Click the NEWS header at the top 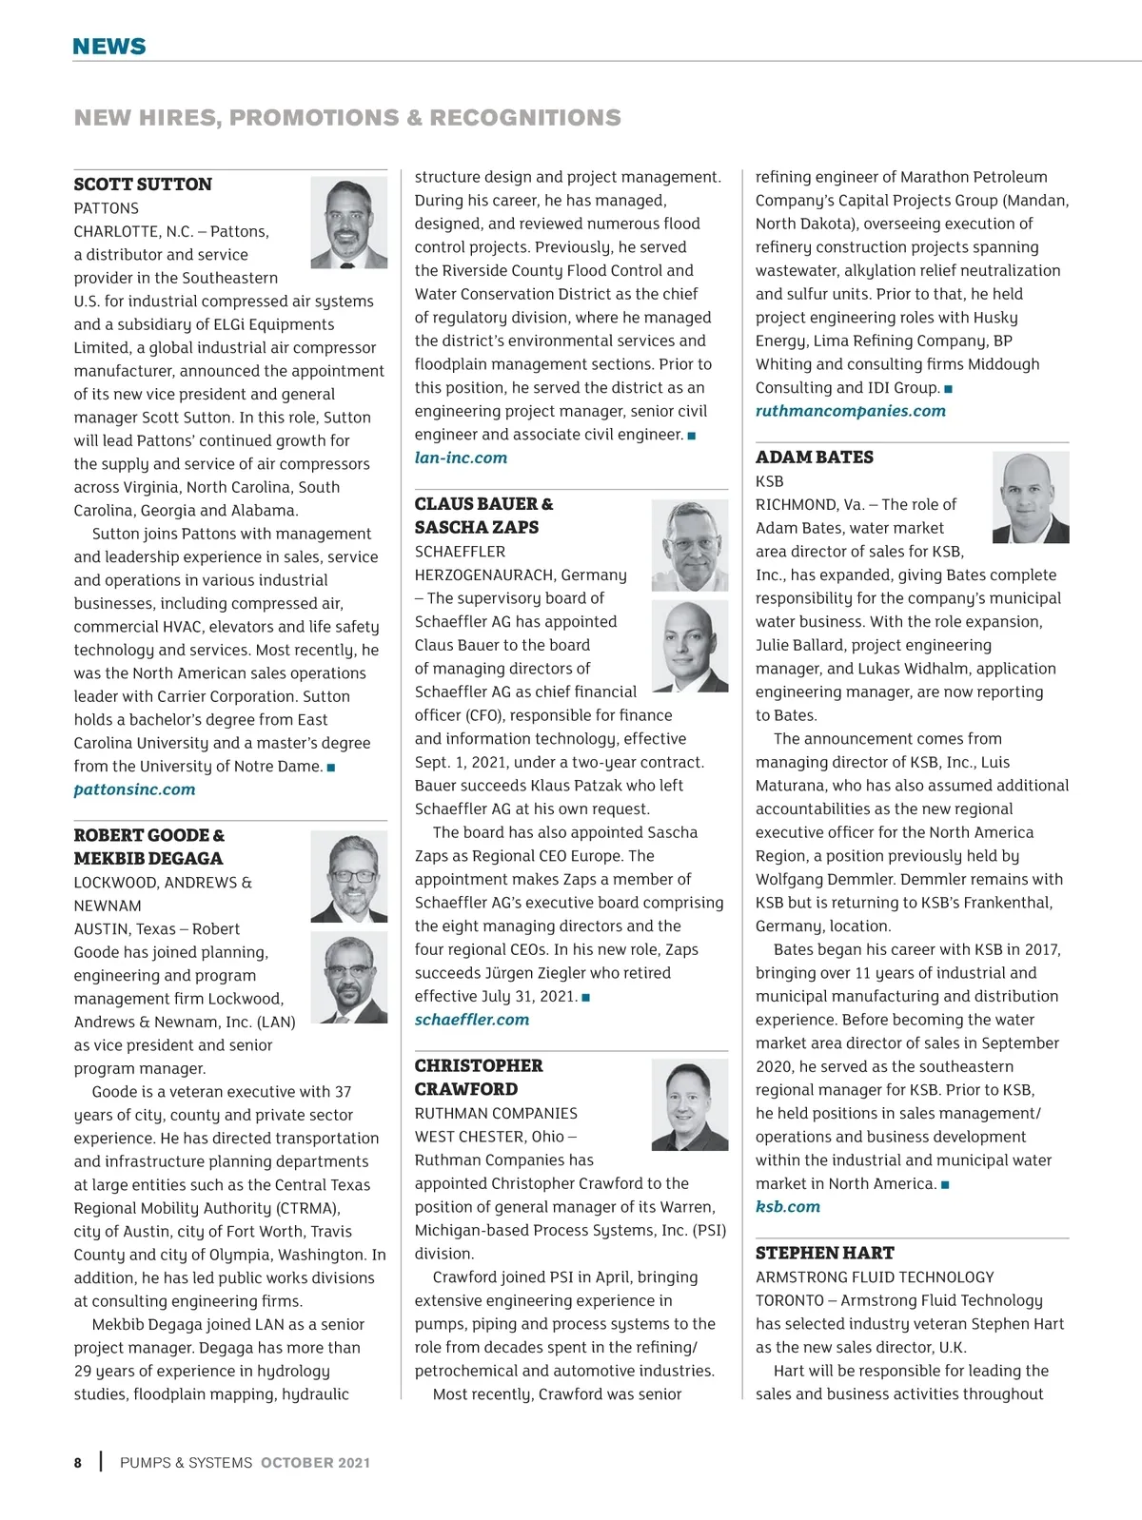click(109, 47)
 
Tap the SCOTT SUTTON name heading click(143, 185)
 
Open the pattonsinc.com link click(134, 789)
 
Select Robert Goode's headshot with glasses click(348, 876)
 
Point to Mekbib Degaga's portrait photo click(348, 977)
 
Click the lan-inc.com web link click(461, 458)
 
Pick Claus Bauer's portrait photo click(689, 546)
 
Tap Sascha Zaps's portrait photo click(689, 647)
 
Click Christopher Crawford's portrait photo click(689, 1105)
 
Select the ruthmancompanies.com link click(850, 411)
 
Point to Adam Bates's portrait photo click(1030, 497)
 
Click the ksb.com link click(787, 1207)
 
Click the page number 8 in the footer click(78, 1463)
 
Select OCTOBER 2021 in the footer click(315, 1463)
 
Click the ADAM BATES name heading click(814, 458)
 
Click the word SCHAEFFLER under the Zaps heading click(460, 552)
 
